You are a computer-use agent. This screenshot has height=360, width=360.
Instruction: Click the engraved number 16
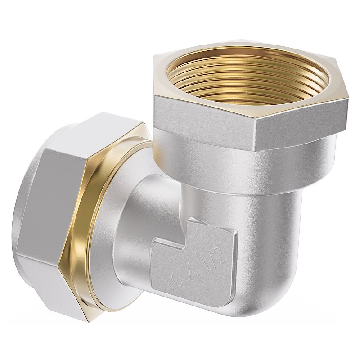coord(171,279)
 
